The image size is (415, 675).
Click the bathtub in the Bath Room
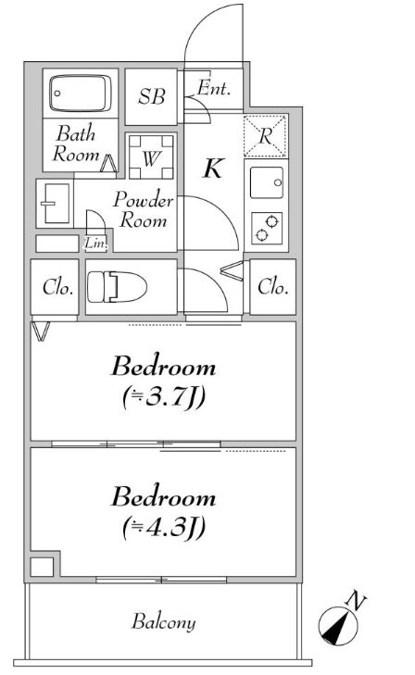coord(80,94)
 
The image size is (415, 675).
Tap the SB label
coord(152,96)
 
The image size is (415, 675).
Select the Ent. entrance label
coord(214,88)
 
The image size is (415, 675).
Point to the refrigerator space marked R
coord(265,135)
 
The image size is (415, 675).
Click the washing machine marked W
coord(151,157)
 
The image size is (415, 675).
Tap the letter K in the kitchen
coord(214,168)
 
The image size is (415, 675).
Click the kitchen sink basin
coord(267,182)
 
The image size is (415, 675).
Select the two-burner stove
coord(267,228)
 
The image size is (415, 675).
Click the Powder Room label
coord(144,210)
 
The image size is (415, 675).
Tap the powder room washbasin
coord(55,203)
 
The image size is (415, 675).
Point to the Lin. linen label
coord(95,244)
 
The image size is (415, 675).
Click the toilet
coord(117,287)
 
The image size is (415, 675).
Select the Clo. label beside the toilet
coord(57,287)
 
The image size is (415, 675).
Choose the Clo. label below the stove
coord(272,287)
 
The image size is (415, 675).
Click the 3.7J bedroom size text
coord(164,397)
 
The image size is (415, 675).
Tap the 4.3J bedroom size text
coord(164,528)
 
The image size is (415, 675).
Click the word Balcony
coord(164,621)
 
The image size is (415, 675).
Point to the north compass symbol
coord(338,626)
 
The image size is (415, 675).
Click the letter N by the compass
coord(357,601)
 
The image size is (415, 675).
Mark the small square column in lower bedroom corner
coord(42,567)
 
